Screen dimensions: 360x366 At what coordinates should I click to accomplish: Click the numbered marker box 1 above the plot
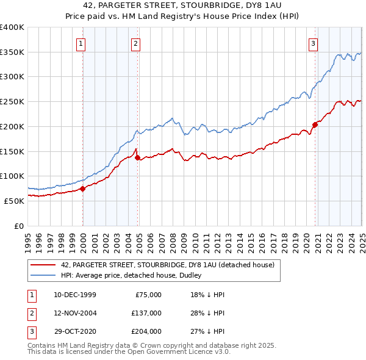[81, 43]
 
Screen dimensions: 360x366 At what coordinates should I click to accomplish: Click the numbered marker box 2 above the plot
[135, 43]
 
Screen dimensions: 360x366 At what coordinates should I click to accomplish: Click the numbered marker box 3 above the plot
[313, 43]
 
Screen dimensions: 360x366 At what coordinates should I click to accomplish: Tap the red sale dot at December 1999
[83, 188]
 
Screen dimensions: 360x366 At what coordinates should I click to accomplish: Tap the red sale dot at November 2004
[138, 157]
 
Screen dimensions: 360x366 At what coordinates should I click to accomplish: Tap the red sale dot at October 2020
[315, 124]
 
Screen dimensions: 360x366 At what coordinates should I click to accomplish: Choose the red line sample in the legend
[43, 265]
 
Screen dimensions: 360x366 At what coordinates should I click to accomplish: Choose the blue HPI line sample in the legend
[43, 275]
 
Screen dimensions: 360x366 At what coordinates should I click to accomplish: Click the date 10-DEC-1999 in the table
[75, 295]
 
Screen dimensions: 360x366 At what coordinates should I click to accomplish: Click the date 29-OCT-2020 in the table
[75, 331]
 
